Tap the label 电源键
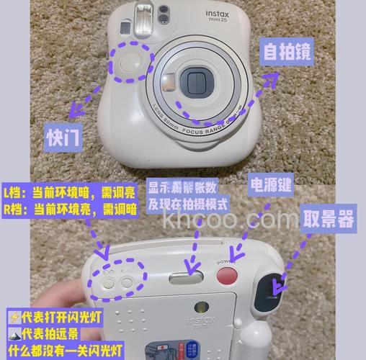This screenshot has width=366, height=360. (x=270, y=184)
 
